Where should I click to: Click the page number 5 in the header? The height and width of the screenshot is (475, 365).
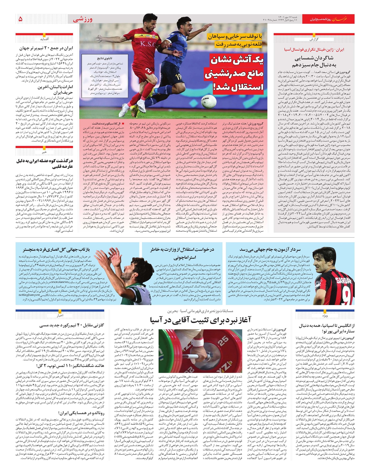pos(20,19)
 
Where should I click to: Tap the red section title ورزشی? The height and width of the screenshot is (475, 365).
pos(82,19)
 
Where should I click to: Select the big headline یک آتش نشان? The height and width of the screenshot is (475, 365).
pos(237,60)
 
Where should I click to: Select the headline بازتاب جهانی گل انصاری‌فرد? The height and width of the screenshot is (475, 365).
pos(57,250)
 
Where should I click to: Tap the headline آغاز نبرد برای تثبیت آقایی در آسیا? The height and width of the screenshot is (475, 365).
pos(200,320)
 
